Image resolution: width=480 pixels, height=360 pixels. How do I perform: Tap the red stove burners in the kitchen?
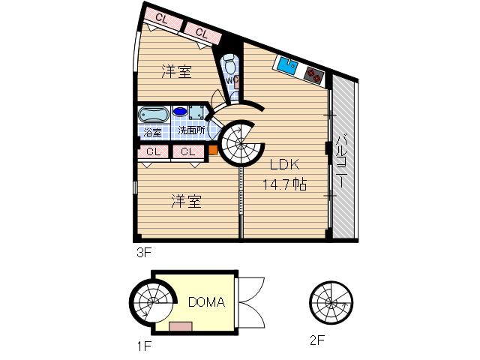point(313,73)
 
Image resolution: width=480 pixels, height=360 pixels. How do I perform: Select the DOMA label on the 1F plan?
point(206,303)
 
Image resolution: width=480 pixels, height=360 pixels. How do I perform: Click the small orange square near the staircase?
point(213,149)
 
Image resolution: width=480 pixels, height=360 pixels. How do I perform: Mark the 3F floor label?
point(144,253)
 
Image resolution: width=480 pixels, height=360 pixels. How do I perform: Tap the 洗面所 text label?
point(191,130)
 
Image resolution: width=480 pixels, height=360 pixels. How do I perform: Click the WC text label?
point(232,78)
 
